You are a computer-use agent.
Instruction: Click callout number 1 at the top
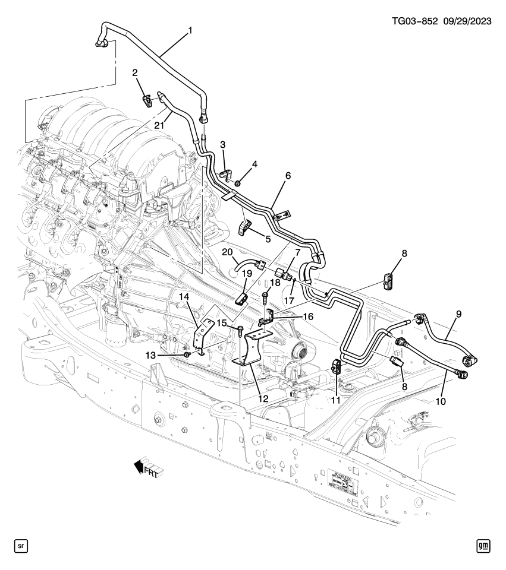tap(190, 29)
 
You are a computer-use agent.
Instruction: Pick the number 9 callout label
tap(458, 313)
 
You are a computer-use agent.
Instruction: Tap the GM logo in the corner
tap(483, 545)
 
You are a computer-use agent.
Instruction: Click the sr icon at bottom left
tap(21, 545)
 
